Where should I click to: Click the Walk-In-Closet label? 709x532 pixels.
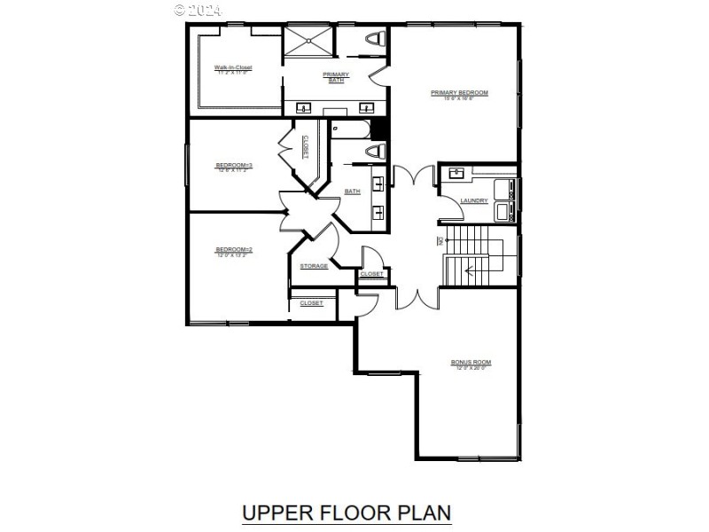(233, 68)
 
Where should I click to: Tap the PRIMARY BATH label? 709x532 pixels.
(336, 77)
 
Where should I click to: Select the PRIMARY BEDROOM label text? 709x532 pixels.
(459, 94)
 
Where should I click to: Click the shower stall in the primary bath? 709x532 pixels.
(309, 42)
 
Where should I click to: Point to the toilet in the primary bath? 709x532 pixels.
(375, 40)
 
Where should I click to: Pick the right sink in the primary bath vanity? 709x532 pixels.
(364, 108)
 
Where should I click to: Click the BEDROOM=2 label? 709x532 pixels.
(234, 251)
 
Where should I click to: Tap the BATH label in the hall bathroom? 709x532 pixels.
(352, 192)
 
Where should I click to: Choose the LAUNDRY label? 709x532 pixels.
(474, 200)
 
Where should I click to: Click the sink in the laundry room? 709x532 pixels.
(456, 173)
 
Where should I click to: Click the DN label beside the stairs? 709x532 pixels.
(440, 241)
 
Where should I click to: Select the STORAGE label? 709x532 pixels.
(314, 266)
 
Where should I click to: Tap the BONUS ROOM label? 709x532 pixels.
(471, 364)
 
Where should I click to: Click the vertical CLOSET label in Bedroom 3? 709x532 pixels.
(306, 147)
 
